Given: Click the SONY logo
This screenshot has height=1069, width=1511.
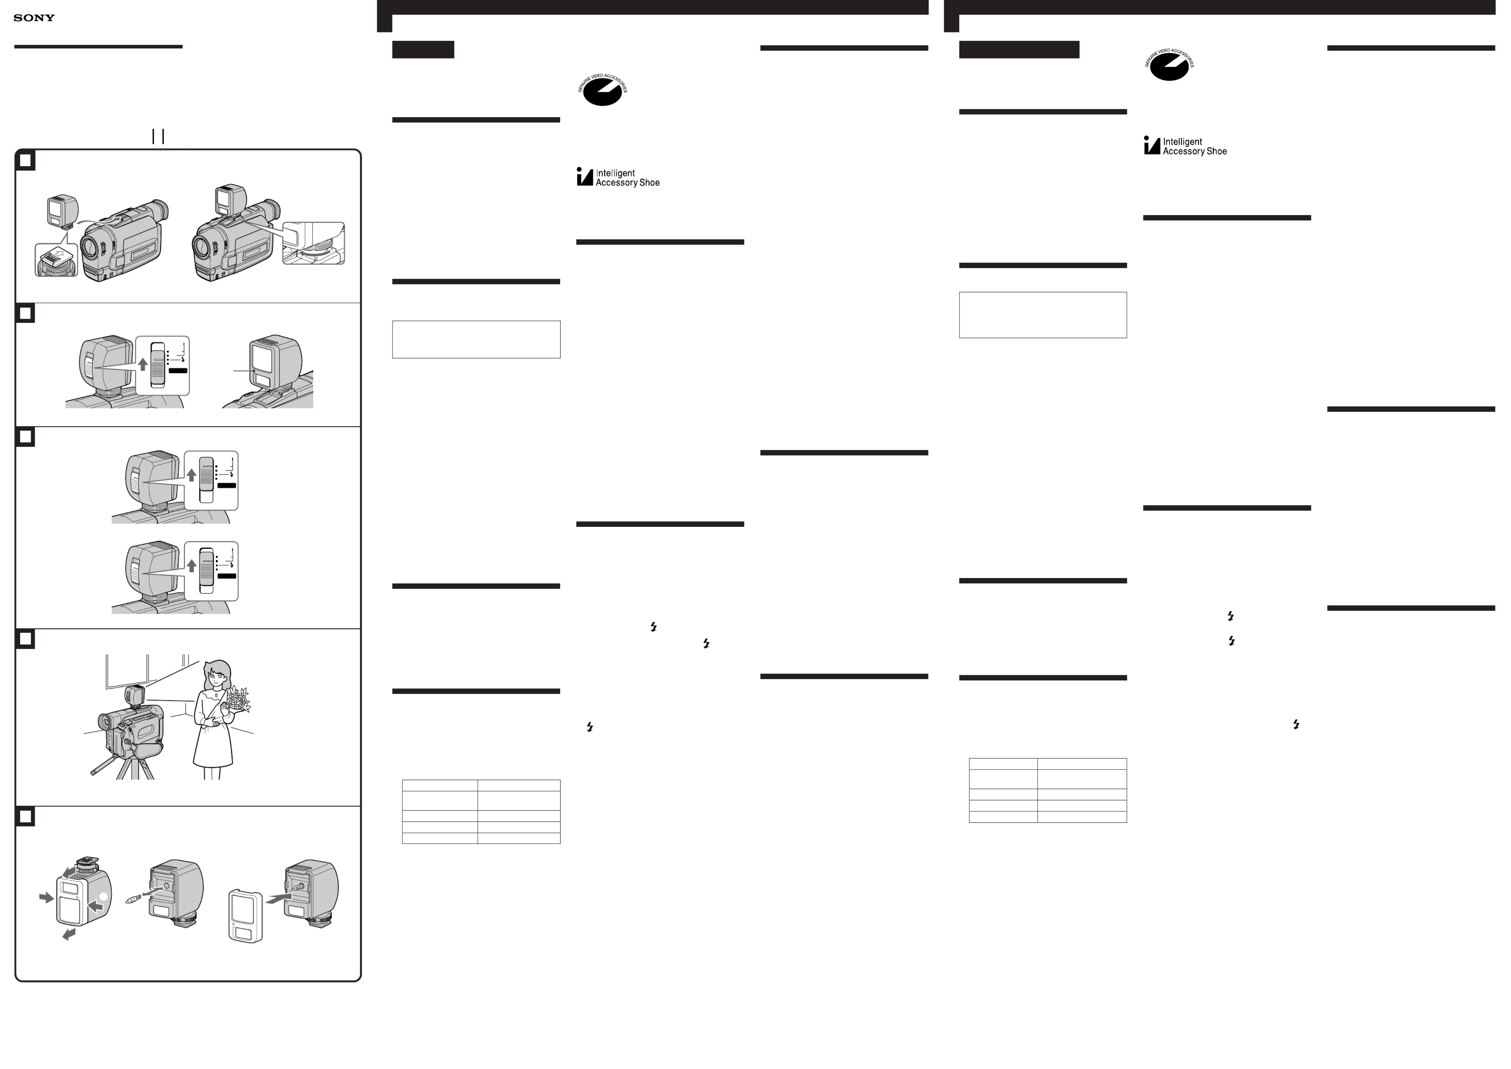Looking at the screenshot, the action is pos(34,18).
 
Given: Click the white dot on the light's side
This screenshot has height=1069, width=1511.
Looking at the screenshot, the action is pos(103,897).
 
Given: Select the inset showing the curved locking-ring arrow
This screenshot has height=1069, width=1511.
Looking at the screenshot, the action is pos(313,244).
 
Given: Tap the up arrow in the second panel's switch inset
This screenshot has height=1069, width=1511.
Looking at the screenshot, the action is pos(143,364).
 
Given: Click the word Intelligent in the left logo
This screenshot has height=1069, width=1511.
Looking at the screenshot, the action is pos(615,173).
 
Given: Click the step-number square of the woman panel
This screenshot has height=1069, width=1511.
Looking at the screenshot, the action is pos(25,639).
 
